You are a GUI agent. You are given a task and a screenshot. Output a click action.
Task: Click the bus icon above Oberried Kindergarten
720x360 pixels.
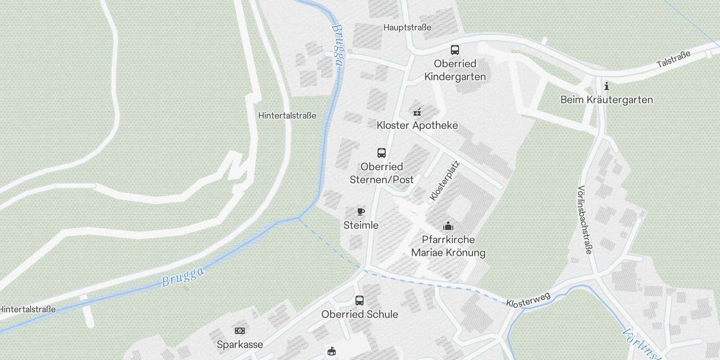455,50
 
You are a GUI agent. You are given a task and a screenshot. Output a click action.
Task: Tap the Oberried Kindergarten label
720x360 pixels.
455,70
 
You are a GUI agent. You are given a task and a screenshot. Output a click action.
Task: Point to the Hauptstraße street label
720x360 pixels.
407,27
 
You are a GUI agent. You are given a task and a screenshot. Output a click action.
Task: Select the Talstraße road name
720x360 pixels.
673,59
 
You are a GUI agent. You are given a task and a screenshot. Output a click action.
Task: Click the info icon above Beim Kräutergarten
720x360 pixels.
607,86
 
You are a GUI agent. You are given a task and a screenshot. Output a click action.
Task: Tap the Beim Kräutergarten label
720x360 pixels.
607,100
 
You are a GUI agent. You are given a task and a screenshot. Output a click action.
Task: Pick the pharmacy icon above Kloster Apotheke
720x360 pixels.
417,112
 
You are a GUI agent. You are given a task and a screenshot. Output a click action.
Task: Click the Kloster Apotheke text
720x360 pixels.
417,126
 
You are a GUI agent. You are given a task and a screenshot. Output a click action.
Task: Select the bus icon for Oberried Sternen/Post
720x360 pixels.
382,153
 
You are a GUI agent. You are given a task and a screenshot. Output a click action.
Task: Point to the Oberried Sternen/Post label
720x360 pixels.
382,173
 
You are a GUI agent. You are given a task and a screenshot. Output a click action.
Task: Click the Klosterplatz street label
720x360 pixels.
444,181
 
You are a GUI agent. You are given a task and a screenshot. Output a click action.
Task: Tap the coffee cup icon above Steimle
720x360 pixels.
360,211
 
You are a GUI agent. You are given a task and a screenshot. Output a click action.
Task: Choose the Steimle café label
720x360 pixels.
361,225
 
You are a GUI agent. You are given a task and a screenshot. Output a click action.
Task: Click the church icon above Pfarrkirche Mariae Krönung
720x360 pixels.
448,226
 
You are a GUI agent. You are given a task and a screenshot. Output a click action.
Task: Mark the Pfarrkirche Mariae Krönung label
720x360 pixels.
448,246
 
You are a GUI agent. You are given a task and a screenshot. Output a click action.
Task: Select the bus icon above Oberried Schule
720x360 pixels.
360,300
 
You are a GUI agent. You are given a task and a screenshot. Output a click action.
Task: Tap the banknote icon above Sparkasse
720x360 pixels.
240,331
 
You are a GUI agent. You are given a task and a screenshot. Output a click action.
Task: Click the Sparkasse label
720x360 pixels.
240,345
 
